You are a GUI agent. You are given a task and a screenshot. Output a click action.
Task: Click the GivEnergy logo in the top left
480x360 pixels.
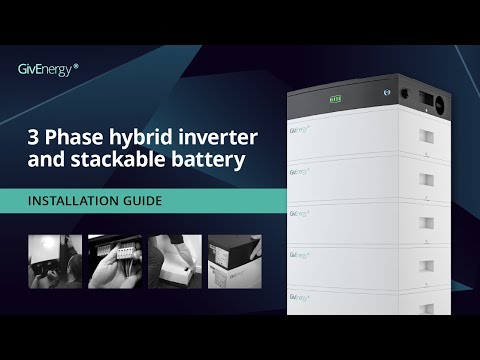coord(48,68)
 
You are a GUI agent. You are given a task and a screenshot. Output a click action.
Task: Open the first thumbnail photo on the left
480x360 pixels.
coord(54,261)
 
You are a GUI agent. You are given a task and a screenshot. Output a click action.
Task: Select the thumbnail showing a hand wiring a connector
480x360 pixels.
coord(114,261)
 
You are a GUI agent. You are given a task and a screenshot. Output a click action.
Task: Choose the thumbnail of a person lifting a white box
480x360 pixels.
coord(174,261)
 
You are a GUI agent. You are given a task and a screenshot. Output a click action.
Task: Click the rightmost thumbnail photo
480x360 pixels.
coord(234,261)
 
